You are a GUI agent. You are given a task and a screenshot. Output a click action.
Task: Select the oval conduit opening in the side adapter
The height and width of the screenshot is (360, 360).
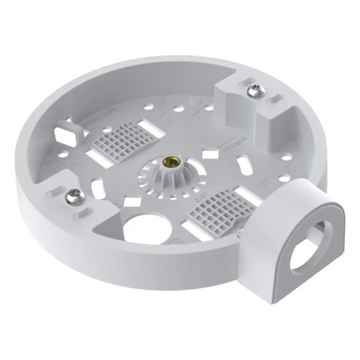(x=309, y=247)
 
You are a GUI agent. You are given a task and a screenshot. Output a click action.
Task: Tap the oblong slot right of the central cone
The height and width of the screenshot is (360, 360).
(x=245, y=166)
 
